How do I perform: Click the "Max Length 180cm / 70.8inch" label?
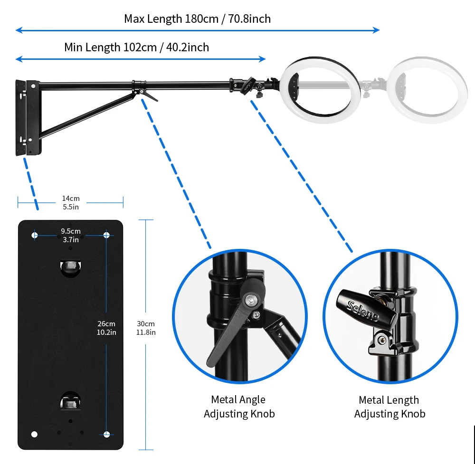pos(197,19)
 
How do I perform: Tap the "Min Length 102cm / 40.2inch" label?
pos(136,47)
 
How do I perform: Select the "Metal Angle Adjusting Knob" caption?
pos(239,407)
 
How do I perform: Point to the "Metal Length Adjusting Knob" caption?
pos(389,407)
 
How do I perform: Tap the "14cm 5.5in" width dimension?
pos(70,202)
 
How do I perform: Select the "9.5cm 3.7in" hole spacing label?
pos(70,235)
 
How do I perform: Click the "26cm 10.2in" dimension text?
pos(106,328)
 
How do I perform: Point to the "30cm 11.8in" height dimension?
pos(146,328)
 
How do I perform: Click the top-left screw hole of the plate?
pos(34,235)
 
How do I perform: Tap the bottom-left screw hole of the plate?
pos(34,434)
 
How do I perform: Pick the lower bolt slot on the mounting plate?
pos(70,401)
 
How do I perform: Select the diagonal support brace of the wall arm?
pos(85,114)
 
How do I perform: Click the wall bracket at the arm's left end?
pos(28,117)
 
